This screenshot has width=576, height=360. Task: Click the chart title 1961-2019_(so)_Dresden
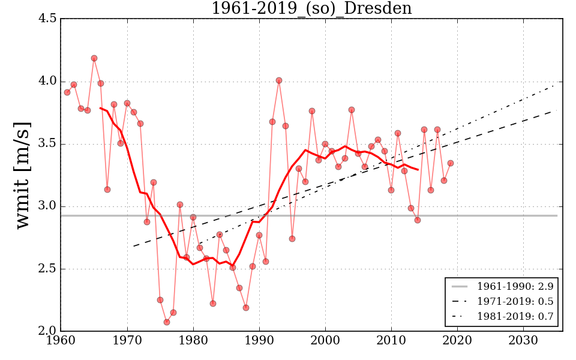[x=311, y=8]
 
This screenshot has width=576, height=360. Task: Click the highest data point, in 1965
[x=94, y=58]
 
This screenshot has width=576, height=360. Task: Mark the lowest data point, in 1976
[x=167, y=322]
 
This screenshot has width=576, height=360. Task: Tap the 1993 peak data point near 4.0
[x=279, y=80]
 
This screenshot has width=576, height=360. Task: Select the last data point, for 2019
[x=451, y=163]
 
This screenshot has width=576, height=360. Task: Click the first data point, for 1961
[x=67, y=92]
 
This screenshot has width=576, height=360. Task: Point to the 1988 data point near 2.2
[x=246, y=308]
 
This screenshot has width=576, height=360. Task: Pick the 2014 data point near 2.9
[x=418, y=220]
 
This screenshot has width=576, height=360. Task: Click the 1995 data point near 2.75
[x=292, y=239]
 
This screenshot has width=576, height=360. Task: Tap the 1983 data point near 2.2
[x=213, y=304]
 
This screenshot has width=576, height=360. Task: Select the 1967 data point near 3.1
[x=107, y=190]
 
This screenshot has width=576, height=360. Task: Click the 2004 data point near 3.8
[x=352, y=110]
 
